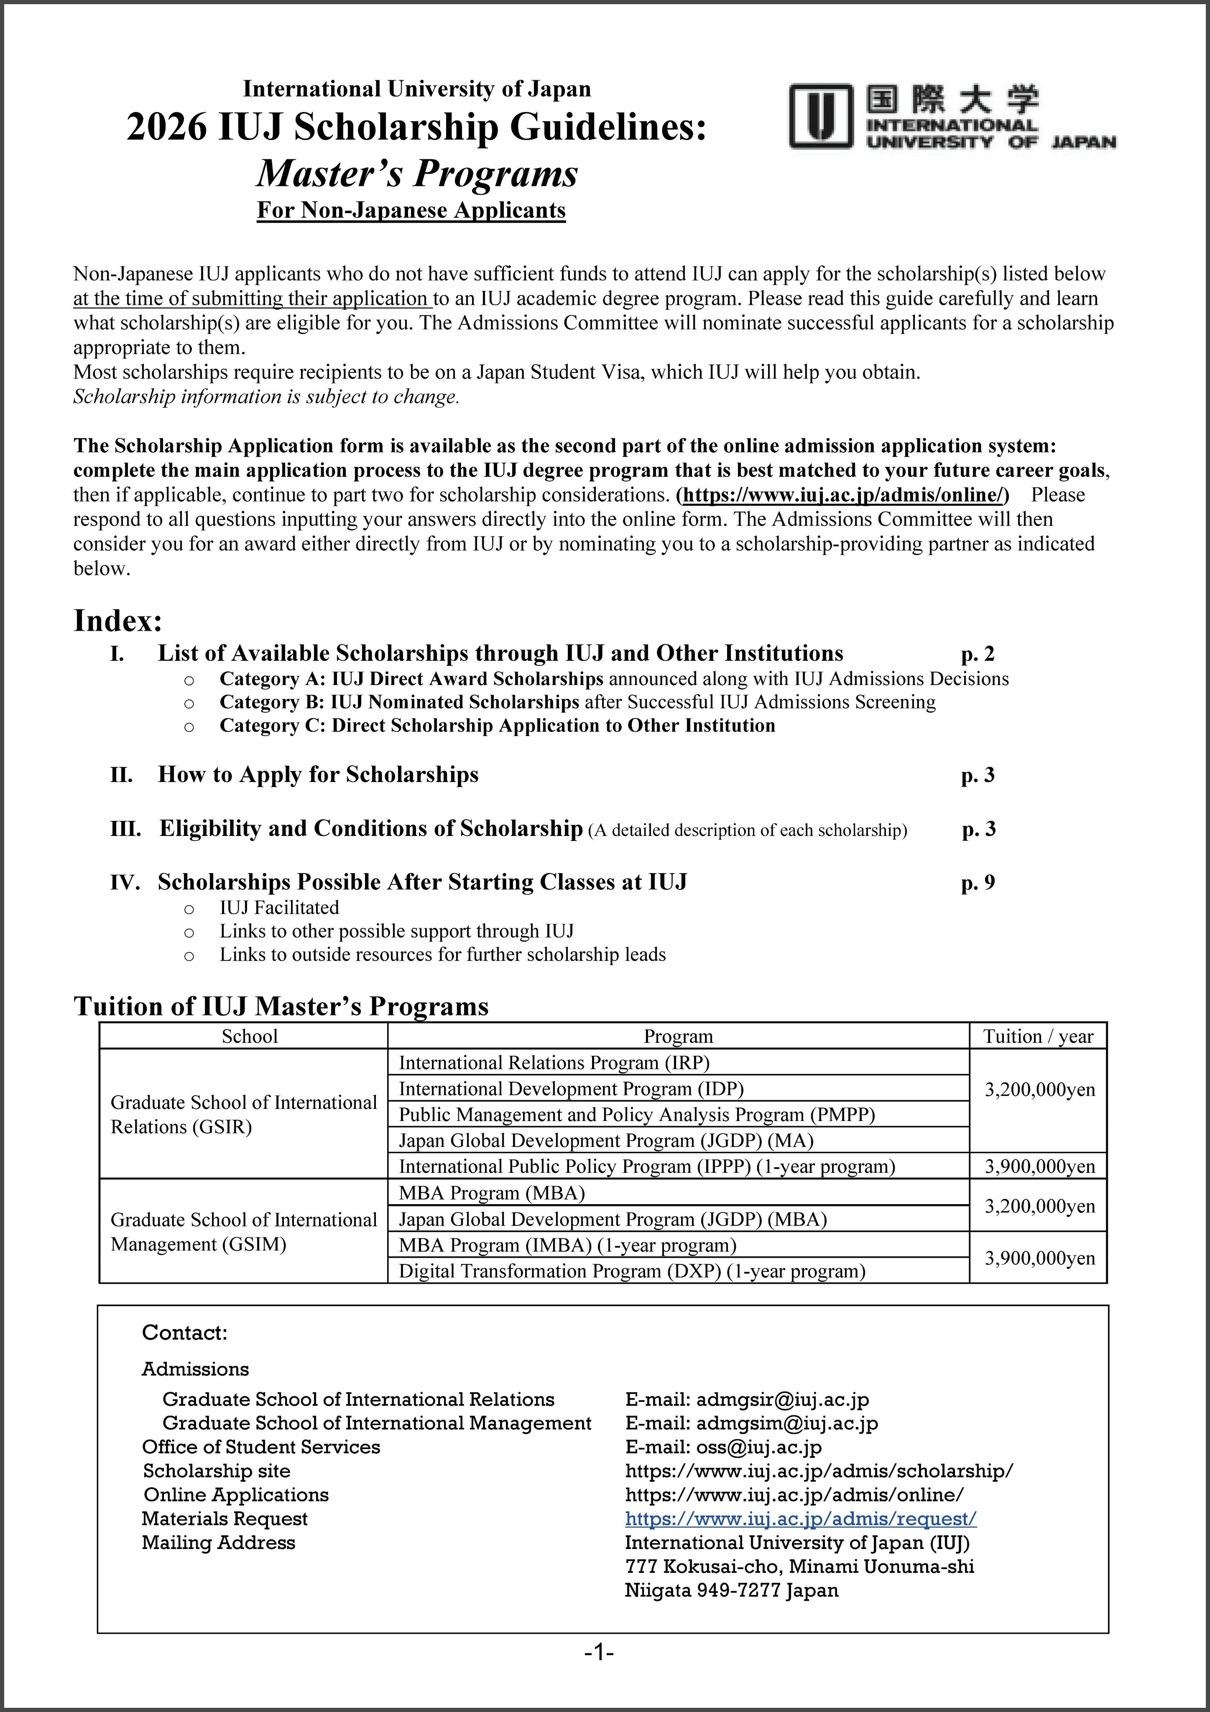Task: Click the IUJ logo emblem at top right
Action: (x=821, y=116)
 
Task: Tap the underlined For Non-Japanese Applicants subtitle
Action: (x=411, y=210)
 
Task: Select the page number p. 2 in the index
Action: (x=977, y=654)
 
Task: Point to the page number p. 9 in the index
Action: (x=977, y=883)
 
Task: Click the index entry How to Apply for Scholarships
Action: (x=318, y=775)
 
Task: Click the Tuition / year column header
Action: (x=1038, y=1037)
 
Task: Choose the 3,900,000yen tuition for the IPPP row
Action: (x=1039, y=1166)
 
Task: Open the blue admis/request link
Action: (x=800, y=1519)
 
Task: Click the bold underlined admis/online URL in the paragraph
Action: (x=845, y=495)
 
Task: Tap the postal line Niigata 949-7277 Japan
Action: (x=731, y=1590)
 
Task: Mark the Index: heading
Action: (x=118, y=620)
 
